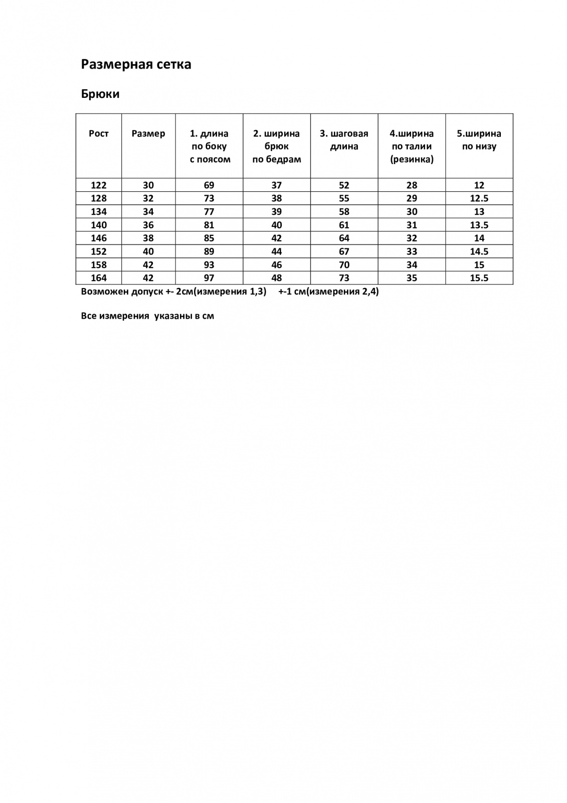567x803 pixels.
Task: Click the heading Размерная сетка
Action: [136, 65]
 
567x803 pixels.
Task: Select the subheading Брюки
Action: [100, 94]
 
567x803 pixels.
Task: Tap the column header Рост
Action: [98, 133]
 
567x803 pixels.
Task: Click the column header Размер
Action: [148, 133]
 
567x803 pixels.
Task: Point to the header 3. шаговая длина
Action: [344, 140]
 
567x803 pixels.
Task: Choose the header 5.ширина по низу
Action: [479, 140]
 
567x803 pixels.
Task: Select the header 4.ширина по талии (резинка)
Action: [412, 147]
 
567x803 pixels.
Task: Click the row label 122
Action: [98, 185]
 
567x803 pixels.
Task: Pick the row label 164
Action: [98, 278]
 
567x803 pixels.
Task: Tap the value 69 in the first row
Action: [209, 185]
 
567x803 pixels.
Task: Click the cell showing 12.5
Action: [479, 198]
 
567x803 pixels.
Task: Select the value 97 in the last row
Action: [209, 278]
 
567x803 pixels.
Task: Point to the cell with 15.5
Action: [479, 278]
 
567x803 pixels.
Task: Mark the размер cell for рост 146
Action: [148, 238]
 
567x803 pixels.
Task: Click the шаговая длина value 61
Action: [344, 225]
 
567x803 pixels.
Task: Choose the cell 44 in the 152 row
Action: [277, 251]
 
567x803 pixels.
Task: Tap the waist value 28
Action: [412, 185]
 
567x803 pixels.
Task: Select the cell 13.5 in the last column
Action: [479, 225]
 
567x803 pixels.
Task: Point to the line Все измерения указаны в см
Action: [147, 316]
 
